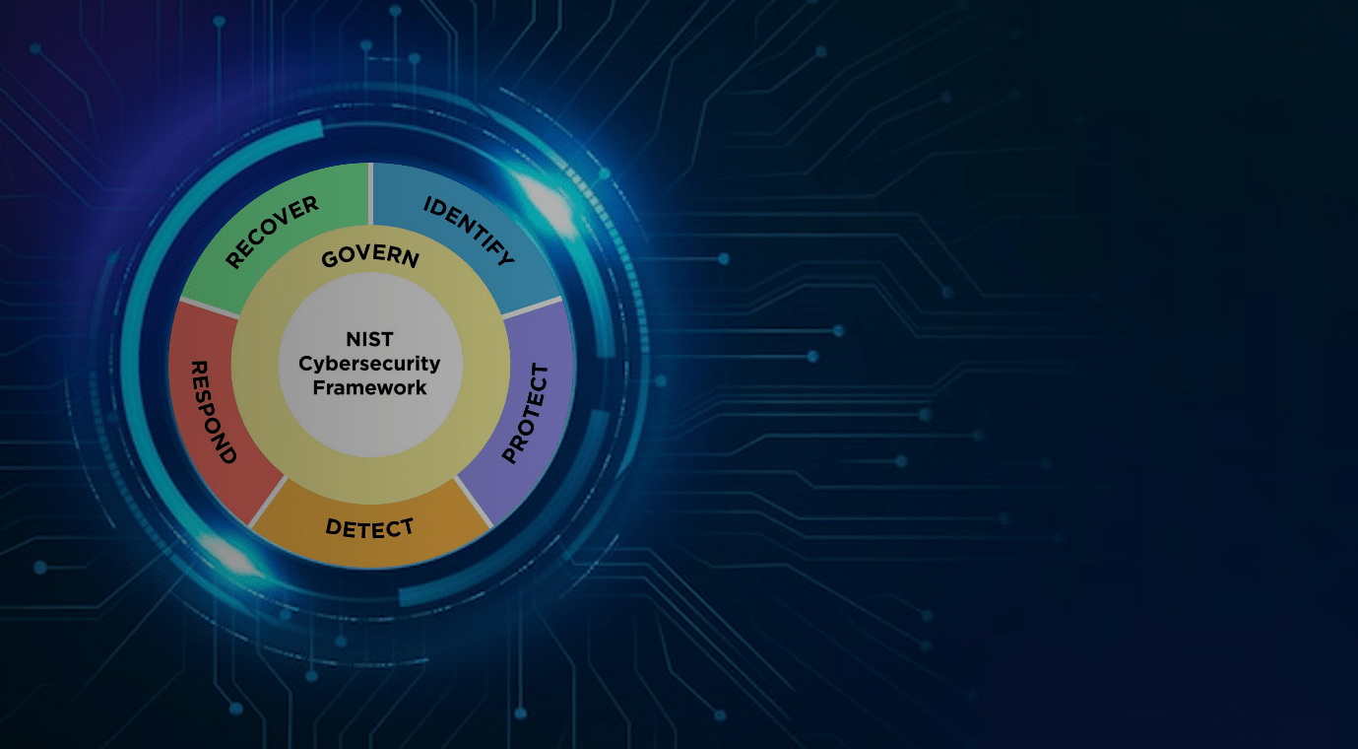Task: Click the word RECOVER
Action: point(272,232)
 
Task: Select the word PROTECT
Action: point(525,414)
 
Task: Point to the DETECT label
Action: point(369,527)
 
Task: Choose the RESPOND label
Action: point(213,411)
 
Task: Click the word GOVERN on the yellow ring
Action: point(370,256)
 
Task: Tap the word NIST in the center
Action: point(370,340)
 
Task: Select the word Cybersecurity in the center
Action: point(370,364)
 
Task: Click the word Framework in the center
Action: point(370,387)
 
